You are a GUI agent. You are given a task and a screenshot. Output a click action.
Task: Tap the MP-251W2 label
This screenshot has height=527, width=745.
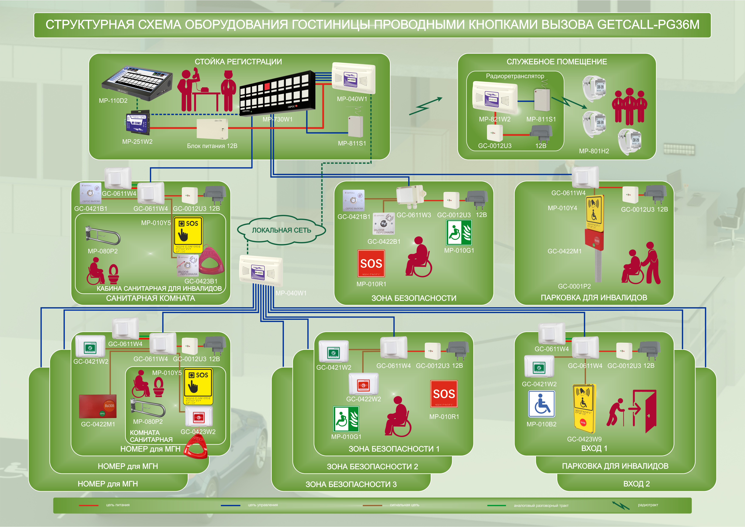click(x=137, y=141)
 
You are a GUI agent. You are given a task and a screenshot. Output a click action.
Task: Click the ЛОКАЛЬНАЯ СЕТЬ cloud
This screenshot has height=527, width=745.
click(x=281, y=230)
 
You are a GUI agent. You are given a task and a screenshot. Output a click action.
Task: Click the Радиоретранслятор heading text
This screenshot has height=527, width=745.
click(x=515, y=76)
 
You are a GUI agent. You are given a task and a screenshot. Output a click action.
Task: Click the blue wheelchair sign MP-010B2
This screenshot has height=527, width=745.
click(x=542, y=404)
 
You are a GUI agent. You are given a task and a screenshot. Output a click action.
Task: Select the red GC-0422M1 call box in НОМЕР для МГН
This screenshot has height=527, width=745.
click(x=98, y=406)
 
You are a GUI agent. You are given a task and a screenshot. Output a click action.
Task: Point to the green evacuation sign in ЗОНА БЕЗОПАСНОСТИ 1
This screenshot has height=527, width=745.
click(x=346, y=419)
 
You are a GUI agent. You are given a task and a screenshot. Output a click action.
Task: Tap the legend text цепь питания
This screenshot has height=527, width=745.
click(x=118, y=505)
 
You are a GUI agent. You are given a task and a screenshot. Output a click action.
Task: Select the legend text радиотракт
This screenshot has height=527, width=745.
click(x=648, y=505)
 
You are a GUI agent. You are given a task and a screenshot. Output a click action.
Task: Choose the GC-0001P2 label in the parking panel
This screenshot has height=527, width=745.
click(x=574, y=286)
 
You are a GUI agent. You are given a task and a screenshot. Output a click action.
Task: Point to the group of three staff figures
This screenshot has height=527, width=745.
click(x=629, y=106)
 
